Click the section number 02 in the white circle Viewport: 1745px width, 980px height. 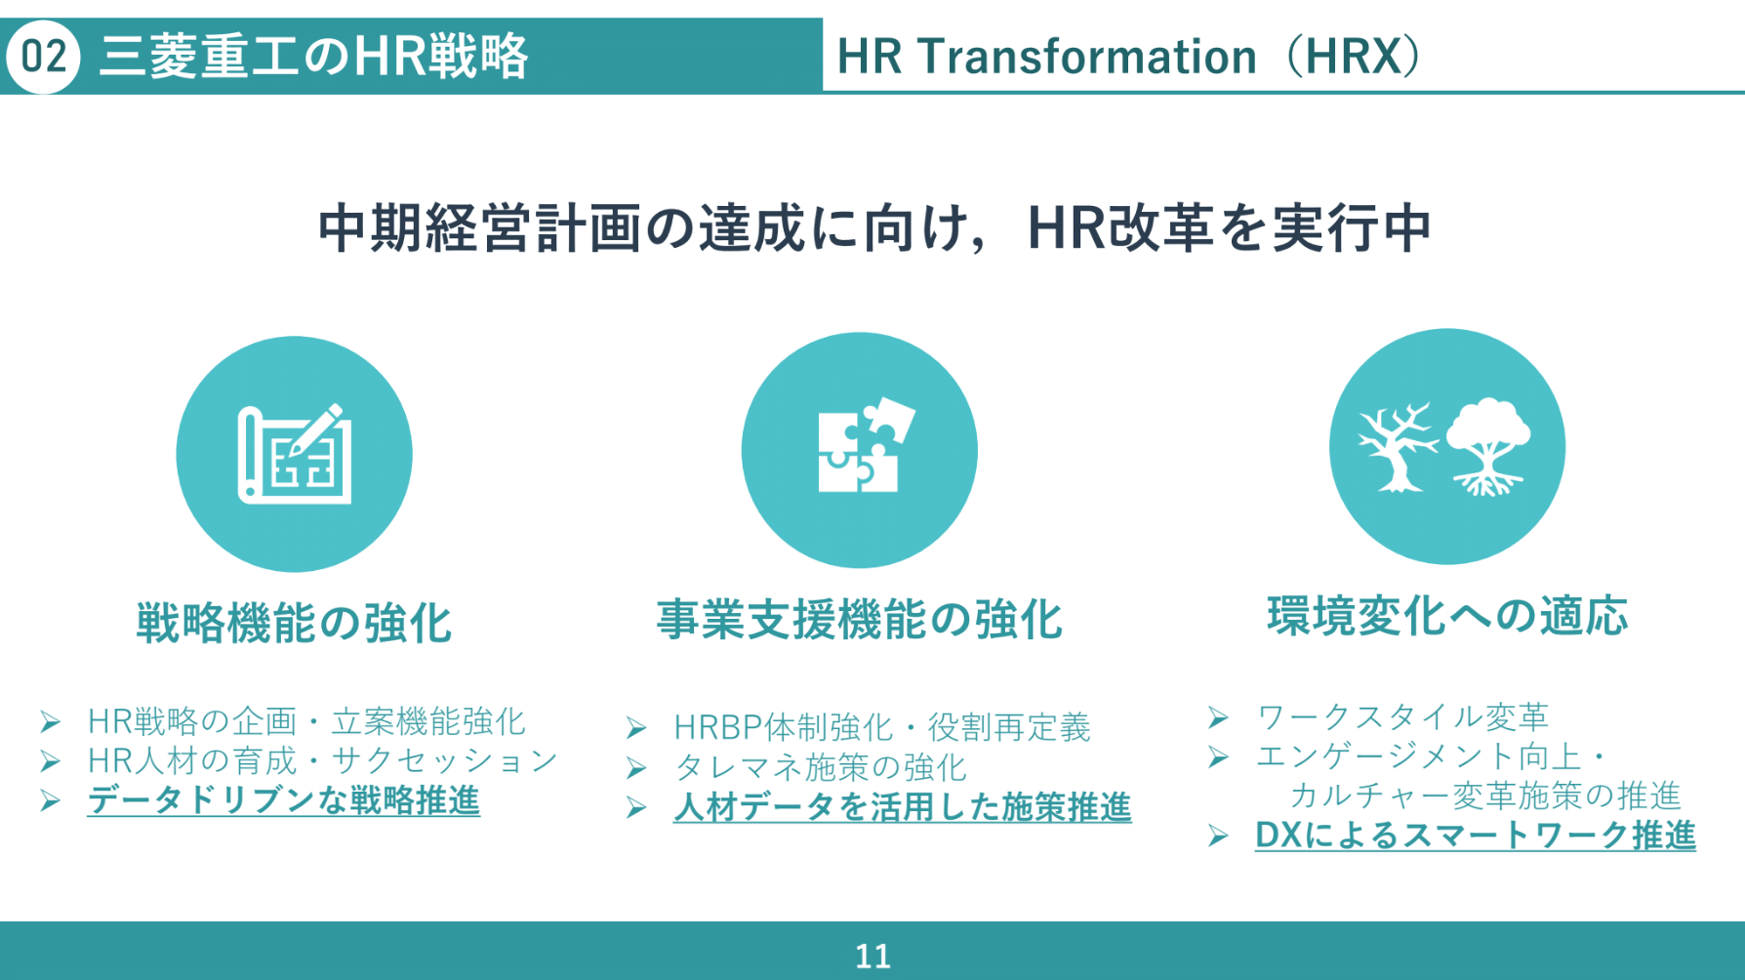click(43, 57)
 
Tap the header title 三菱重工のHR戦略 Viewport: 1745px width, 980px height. click(313, 57)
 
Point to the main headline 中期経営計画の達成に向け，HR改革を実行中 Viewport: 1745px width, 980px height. click(874, 227)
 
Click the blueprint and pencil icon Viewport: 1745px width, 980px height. click(295, 454)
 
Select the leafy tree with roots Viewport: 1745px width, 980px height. click(1487, 446)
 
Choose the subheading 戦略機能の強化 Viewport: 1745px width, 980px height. click(294, 623)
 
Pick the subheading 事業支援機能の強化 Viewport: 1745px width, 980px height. click(859, 619)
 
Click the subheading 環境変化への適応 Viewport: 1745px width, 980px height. click(1447, 616)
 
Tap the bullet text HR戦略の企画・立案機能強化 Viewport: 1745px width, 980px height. click(306, 721)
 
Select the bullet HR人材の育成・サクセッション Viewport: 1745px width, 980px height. click(323, 760)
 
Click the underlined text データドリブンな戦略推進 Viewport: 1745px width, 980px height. click(283, 800)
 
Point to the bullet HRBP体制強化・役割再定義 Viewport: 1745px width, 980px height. click(882, 727)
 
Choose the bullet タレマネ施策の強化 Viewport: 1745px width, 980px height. click(820, 767)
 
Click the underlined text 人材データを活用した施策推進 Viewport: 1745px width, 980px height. click(903, 807)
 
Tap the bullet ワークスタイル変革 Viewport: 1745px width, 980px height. click(1402, 717)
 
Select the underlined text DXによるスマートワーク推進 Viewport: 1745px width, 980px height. click(1476, 836)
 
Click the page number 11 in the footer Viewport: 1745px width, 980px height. click(872, 956)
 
